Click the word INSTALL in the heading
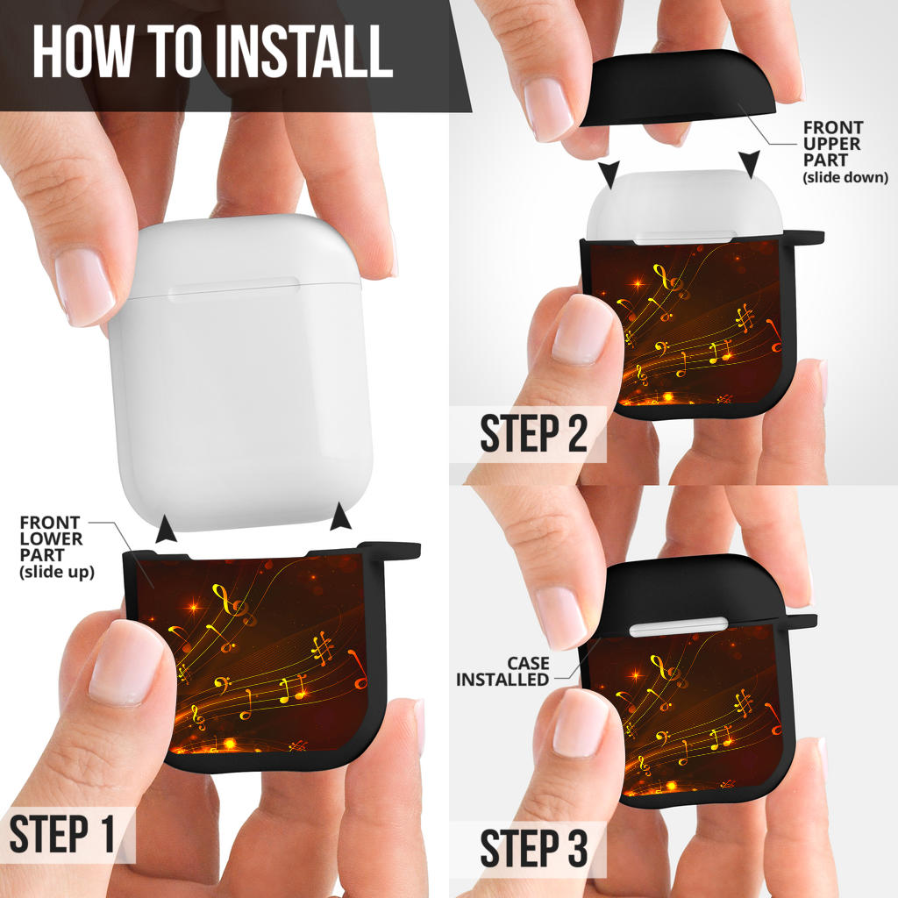point(304,52)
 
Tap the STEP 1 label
point(62,834)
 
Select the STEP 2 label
point(534,433)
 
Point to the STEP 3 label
point(534,848)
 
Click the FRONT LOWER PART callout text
point(57,547)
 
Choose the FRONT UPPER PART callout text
point(845,152)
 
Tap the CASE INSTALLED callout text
point(502,671)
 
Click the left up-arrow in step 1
point(166,528)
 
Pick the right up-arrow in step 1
point(341,516)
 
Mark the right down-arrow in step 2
point(749,164)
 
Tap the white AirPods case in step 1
point(240,372)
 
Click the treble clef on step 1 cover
point(233,605)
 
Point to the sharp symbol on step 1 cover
point(323,648)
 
